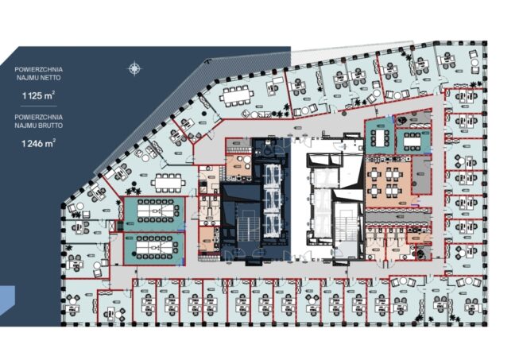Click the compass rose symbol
[134, 69]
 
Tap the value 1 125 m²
[38, 95]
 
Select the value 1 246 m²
[38, 143]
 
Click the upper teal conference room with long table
[154, 214]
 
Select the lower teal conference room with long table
[154, 249]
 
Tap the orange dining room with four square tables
[388, 182]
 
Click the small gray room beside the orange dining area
[421, 175]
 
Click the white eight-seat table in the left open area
[168, 183]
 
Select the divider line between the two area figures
[38, 106]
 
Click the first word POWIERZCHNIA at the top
[38, 70]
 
